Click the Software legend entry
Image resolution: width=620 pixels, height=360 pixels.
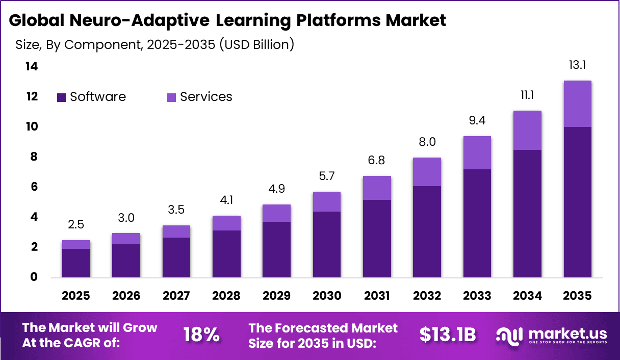tap(91, 97)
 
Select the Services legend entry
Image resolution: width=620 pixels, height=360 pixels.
tap(200, 97)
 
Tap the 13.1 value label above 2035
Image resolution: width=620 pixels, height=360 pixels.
tap(577, 65)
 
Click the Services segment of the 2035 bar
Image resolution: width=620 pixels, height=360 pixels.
tap(577, 104)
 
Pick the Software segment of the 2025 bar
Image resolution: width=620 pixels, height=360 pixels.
tap(76, 263)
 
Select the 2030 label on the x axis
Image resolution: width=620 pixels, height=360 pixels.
tap(326, 296)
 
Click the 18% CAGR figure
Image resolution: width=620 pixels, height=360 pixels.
tap(201, 335)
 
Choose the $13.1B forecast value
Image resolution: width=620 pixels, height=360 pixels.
tap(447, 335)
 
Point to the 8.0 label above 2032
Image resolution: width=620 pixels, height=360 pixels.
tap(427, 142)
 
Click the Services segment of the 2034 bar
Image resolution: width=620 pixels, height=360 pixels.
tap(527, 130)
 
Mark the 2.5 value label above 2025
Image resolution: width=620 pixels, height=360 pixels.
tap(76, 225)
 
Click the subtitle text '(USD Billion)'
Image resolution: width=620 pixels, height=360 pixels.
tap(256, 44)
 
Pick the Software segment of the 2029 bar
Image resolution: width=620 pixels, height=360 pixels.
tap(276, 250)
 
